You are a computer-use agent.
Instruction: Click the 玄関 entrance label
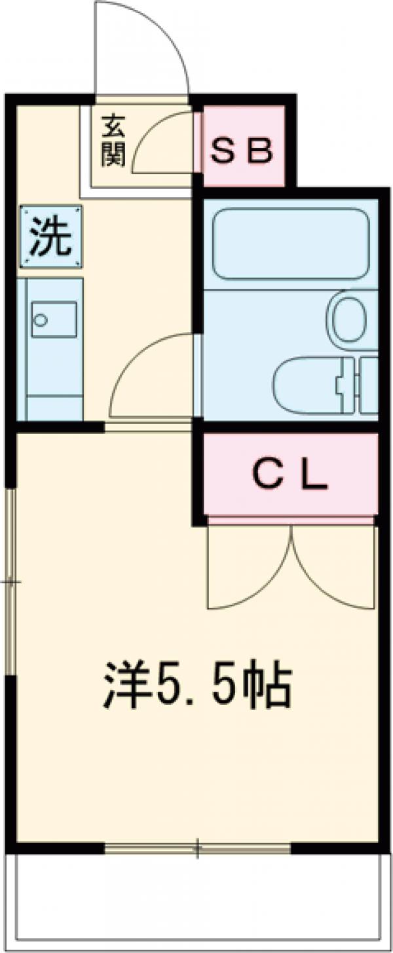[x=113, y=140]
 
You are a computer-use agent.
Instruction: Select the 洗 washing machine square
[x=51, y=236]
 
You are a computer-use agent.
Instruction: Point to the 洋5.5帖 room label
[x=196, y=686]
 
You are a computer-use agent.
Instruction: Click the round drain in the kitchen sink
[x=41, y=320]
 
